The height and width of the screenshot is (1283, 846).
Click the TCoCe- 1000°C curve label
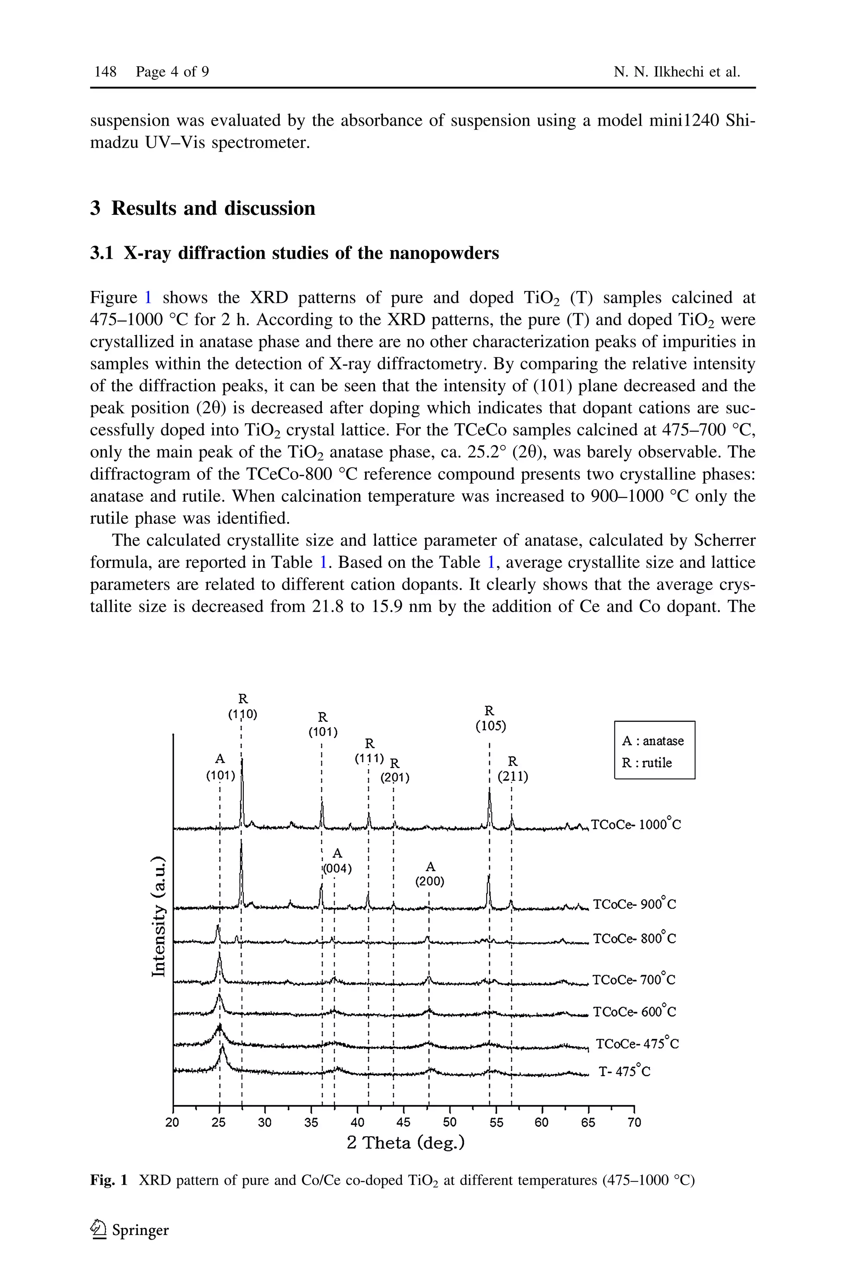(636, 825)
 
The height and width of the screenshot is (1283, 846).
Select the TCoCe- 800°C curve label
(634, 939)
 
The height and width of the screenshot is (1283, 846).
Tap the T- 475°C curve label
(624, 1071)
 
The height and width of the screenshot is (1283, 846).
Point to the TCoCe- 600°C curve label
(634, 1011)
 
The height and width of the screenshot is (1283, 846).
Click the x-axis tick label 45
(403, 1123)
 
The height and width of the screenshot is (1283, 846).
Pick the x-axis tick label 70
(634, 1123)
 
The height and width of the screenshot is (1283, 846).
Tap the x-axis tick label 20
(173, 1123)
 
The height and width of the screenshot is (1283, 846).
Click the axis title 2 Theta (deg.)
(405, 1143)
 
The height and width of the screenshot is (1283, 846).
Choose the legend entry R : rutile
(647, 763)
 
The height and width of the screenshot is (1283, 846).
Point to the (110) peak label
(243, 714)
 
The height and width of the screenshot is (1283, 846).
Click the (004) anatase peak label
(337, 869)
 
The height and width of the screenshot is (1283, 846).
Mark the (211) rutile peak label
(513, 777)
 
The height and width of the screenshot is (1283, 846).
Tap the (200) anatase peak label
(430, 882)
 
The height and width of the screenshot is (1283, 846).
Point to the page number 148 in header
(106, 72)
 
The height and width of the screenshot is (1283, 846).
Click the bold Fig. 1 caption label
(109, 1181)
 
